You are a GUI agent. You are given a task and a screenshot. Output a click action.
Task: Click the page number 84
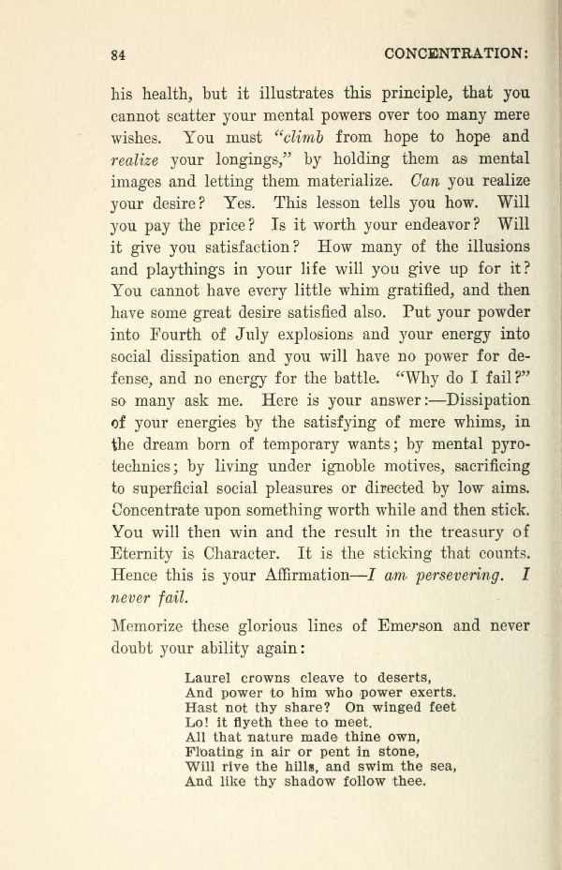click(x=118, y=55)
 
